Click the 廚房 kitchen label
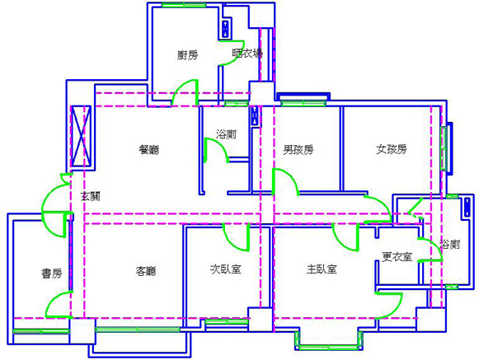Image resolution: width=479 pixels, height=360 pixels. click(188, 55)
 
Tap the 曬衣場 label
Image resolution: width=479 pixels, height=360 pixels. click(247, 54)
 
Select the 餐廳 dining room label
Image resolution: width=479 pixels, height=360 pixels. click(149, 150)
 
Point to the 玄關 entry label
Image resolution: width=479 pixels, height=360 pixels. click(91, 196)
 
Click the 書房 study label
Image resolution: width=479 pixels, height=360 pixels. click(52, 274)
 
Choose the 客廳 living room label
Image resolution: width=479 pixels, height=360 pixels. click(146, 271)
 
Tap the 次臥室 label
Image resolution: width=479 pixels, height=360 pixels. click(226, 269)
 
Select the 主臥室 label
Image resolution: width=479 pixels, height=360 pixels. click(322, 269)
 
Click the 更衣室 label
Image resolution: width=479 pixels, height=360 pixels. click(397, 256)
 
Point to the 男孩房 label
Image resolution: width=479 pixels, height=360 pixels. click(298, 150)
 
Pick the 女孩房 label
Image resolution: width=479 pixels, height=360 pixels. click(392, 149)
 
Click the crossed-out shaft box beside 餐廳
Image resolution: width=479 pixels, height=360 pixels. click(81, 136)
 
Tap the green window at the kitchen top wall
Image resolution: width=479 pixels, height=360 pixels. click(184, 5)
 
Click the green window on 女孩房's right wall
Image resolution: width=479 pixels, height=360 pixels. click(444, 148)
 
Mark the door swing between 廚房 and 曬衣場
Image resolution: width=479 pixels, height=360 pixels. click(232, 53)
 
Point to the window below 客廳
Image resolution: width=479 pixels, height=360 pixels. click(138, 330)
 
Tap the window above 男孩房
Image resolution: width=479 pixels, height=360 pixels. click(303, 103)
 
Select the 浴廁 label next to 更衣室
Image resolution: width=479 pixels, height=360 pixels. click(450, 245)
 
